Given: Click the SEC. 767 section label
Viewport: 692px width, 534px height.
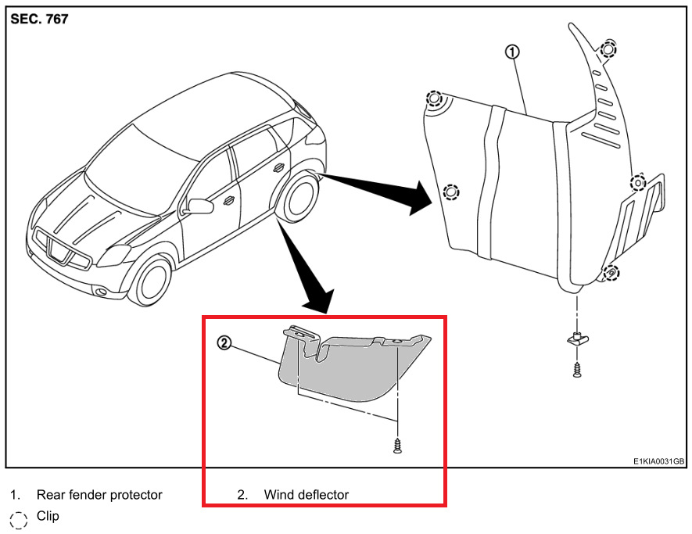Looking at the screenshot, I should [x=39, y=20].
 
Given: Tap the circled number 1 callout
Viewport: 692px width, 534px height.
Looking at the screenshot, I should [x=511, y=52].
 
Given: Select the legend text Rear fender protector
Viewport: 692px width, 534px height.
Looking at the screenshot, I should [x=99, y=495].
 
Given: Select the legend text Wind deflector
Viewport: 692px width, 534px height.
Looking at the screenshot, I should [x=306, y=495].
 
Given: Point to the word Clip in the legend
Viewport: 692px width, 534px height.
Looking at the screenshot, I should [x=48, y=517].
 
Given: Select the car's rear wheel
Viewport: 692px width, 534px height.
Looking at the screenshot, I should [x=299, y=199].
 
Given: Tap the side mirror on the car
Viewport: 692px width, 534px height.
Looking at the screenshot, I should [x=200, y=206].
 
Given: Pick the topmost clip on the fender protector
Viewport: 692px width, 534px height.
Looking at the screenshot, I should [x=608, y=49].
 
